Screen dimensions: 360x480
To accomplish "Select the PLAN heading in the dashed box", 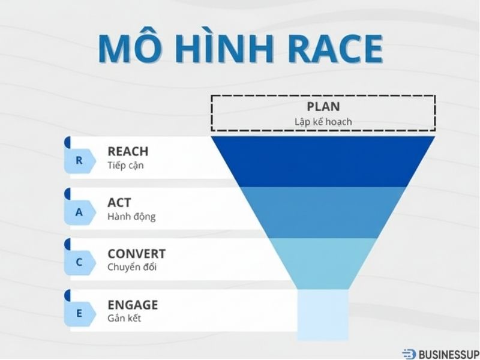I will pos(323,107).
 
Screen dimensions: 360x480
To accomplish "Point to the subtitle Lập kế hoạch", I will pos(323,121).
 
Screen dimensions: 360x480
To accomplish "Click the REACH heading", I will pos(128,152).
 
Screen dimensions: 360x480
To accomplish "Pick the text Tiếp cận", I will pos(126,166).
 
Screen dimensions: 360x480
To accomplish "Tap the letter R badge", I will pos(79,161).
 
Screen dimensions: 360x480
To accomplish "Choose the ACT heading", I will pos(119,203).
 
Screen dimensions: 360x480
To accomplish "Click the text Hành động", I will pos(131,217).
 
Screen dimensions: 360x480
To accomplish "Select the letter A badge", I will pos(79,212).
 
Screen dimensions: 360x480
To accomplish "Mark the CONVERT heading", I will pos(136,254).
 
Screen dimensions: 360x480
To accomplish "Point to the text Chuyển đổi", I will pos(132,268).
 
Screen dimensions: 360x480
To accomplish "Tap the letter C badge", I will pos(79,263).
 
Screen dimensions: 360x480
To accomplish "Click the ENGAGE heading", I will pos(133,304).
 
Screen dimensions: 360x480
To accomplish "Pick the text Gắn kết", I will pos(124,318).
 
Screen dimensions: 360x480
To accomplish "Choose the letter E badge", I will pos(79,313).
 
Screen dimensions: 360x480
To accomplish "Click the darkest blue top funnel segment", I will pos(323,161).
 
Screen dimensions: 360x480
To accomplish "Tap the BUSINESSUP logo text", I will pos(446,354).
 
